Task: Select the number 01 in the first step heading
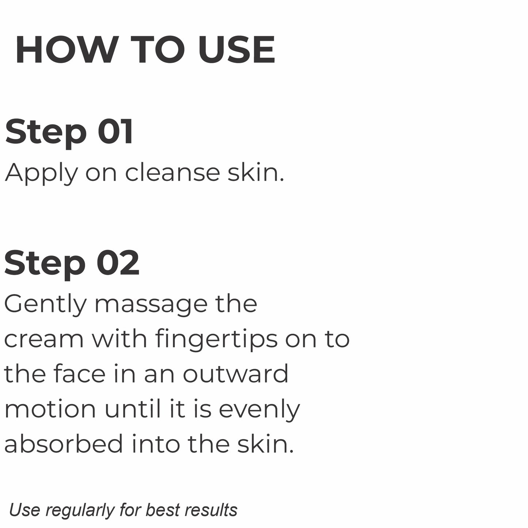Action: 115,131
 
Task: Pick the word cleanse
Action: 172,172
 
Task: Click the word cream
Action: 43,339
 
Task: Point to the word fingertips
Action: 216,339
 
